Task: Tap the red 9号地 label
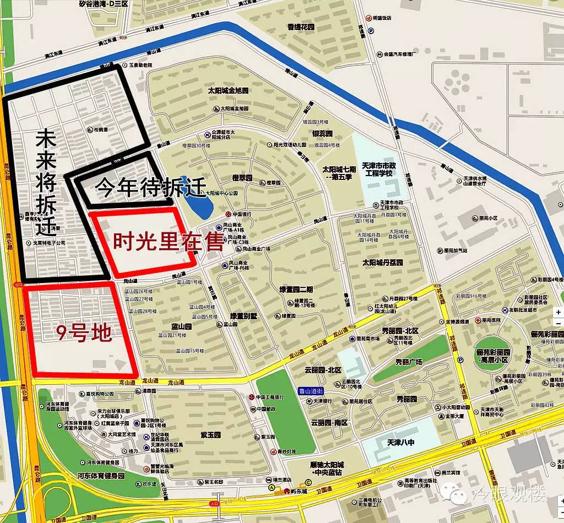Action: (x=84, y=333)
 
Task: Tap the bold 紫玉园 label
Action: (x=210, y=435)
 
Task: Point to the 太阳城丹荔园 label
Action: (x=383, y=263)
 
